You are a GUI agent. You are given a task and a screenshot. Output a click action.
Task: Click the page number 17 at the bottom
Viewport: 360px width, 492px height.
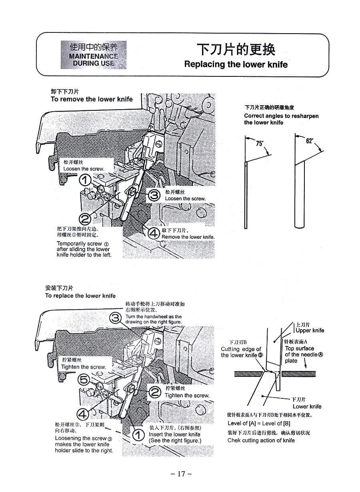(181, 474)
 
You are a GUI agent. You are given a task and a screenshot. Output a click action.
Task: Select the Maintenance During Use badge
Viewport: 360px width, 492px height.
(94, 55)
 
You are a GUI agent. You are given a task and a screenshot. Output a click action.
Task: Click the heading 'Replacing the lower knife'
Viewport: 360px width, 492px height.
(236, 64)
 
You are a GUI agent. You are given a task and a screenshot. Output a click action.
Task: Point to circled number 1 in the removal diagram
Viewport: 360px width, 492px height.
(85, 180)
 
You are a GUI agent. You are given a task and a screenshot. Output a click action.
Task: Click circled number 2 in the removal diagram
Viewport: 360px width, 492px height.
(85, 218)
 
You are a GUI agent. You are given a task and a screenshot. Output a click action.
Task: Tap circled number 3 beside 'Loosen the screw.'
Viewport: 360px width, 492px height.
(154, 195)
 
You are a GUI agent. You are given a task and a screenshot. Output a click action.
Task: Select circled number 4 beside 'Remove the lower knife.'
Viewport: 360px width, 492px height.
(154, 234)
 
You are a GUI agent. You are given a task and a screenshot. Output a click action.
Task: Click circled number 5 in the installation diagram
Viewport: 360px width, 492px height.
(84, 380)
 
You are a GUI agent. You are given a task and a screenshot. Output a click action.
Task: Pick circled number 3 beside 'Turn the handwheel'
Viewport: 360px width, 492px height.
(116, 318)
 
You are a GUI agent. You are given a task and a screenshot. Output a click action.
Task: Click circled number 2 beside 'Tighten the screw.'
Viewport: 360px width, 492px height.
(155, 392)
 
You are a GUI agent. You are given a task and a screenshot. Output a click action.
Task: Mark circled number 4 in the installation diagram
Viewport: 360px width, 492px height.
(83, 414)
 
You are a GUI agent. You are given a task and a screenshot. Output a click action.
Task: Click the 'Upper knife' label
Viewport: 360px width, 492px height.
(310, 330)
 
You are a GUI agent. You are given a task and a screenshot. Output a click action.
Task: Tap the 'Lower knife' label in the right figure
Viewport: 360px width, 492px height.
(307, 406)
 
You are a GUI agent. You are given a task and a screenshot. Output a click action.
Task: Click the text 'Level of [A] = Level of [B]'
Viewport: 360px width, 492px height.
(259, 423)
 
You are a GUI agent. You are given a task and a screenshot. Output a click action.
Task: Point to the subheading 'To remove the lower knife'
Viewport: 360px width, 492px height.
(92, 99)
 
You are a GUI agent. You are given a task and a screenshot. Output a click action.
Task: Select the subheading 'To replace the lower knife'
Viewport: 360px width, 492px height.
(80, 296)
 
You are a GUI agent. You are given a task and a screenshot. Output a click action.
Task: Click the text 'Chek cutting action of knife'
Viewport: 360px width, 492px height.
(261, 440)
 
